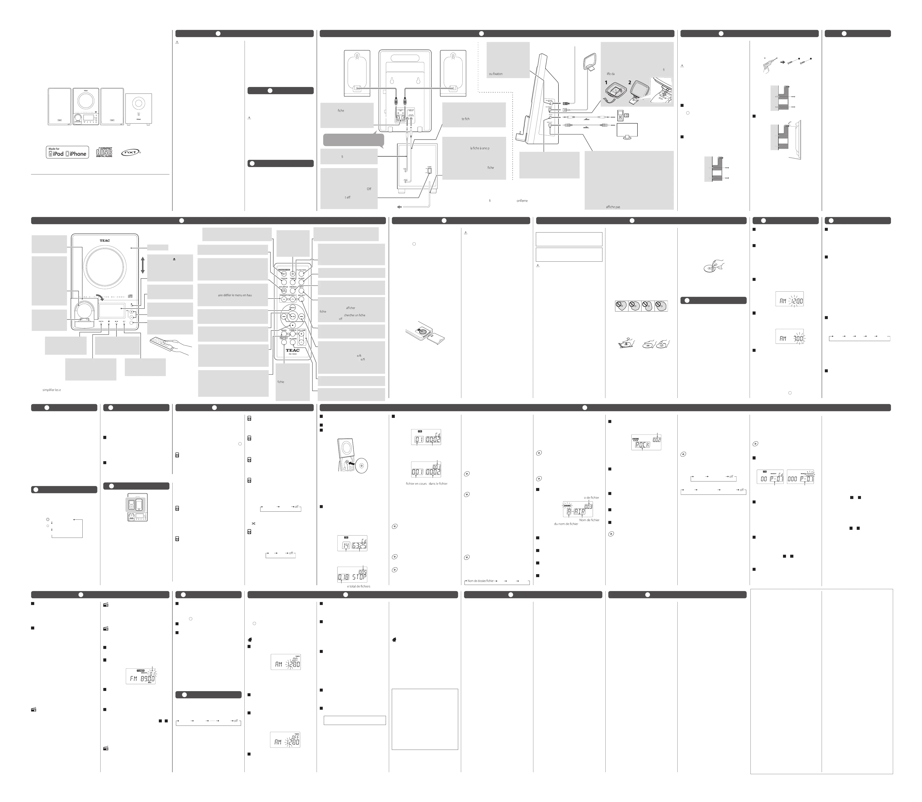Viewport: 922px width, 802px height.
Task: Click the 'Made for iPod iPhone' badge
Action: [67, 152]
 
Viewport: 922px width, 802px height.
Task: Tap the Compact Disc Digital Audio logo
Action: [104, 152]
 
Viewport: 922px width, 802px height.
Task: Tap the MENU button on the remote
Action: [292, 308]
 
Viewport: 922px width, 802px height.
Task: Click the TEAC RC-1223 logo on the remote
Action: [293, 352]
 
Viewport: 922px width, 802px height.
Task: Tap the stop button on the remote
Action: [292, 325]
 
